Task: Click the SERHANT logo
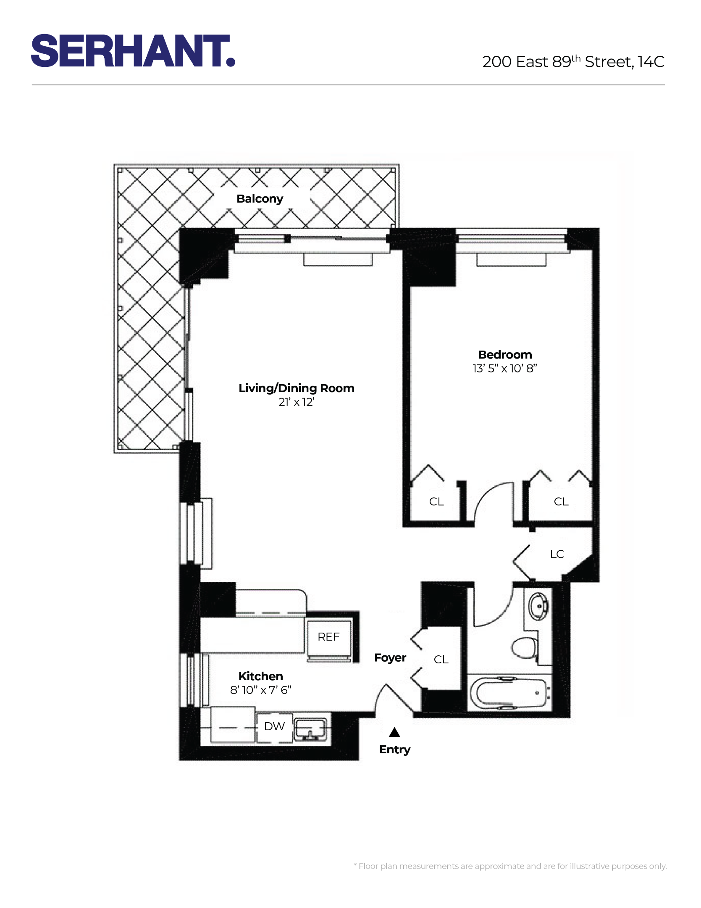tap(133, 51)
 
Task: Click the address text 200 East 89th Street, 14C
tap(573, 62)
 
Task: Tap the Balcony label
tap(260, 198)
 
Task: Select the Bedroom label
tap(504, 354)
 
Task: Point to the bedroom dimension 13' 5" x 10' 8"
tap(504, 368)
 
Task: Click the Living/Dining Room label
tap(296, 388)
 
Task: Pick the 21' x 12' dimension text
tap(296, 402)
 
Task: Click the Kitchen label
tap(260, 676)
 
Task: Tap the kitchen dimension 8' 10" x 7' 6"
tap(260, 690)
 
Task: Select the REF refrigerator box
tap(329, 637)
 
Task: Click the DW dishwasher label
tap(274, 726)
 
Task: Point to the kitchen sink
tap(310, 729)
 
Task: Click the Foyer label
tap(390, 657)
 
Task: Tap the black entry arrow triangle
tap(394, 733)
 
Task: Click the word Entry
tap(394, 750)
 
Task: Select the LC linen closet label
tap(557, 554)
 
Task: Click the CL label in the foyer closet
tap(441, 660)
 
